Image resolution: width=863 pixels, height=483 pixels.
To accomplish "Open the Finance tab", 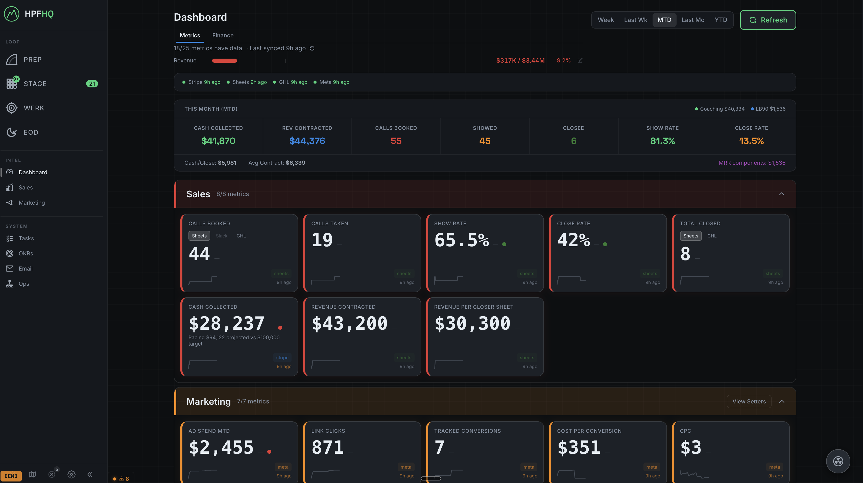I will (x=223, y=36).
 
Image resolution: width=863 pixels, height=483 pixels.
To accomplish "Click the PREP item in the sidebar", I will (x=33, y=60).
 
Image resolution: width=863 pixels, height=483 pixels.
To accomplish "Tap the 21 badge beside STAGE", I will (x=92, y=84).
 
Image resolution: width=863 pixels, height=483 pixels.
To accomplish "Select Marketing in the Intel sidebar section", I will (x=32, y=203).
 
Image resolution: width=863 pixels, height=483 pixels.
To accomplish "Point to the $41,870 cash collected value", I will (x=218, y=141).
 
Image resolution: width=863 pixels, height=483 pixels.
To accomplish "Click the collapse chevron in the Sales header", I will (x=781, y=194).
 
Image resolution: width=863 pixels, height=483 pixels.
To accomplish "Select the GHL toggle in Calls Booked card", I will (x=241, y=236).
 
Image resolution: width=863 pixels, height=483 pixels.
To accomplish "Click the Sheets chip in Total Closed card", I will (x=690, y=236).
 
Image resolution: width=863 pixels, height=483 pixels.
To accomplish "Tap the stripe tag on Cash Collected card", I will (x=282, y=358).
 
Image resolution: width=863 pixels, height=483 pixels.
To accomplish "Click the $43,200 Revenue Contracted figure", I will (x=349, y=324).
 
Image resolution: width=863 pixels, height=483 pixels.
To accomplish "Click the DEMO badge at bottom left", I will (x=11, y=476).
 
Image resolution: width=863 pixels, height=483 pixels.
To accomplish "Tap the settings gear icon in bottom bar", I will (x=71, y=474).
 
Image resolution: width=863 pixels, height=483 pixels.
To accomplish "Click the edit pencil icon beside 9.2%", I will (x=580, y=61).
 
